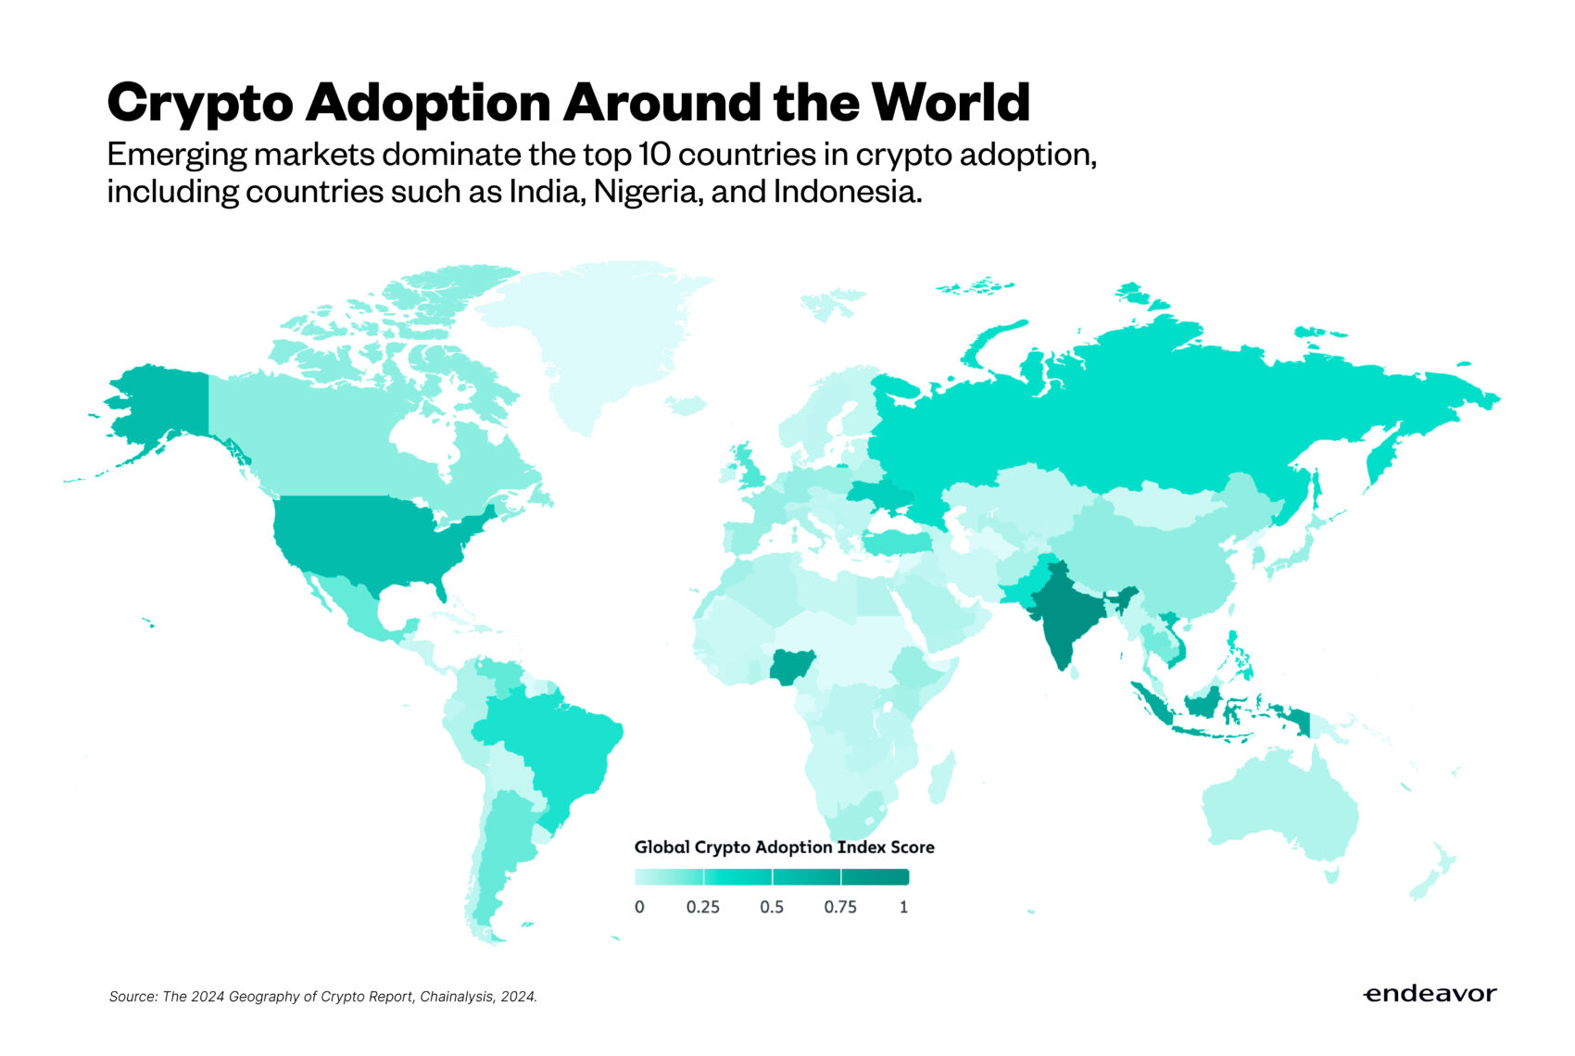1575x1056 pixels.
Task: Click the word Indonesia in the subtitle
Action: (847, 192)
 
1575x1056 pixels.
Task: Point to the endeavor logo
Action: (1430, 994)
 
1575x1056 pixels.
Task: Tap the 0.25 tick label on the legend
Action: (703, 907)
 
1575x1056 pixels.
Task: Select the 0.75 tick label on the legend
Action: (840, 907)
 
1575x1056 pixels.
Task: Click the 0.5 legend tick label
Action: (772, 907)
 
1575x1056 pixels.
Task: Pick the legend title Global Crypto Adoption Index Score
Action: (784, 847)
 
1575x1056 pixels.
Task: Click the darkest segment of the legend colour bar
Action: (876, 877)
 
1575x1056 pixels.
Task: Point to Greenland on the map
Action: (602, 343)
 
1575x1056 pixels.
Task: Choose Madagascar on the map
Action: (939, 778)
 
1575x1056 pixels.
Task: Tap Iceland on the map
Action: (687, 406)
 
